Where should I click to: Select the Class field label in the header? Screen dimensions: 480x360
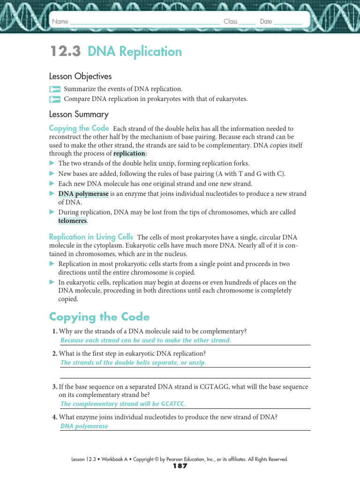click(x=230, y=22)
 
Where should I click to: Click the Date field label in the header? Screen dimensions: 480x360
click(x=266, y=22)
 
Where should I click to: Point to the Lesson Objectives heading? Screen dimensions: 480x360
click(x=80, y=76)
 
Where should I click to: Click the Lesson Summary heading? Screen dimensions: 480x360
click(x=79, y=114)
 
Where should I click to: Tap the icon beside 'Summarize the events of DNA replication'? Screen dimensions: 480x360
click(x=55, y=89)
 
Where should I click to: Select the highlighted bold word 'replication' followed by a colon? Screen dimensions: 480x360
click(x=129, y=154)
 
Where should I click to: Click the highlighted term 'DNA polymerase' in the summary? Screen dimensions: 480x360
click(x=83, y=194)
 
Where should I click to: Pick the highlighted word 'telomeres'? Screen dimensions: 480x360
click(x=72, y=221)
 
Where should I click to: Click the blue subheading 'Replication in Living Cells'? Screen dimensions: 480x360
click(x=91, y=237)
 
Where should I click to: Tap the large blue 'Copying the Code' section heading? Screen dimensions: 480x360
click(x=99, y=317)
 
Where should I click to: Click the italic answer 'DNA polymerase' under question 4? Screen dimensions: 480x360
click(x=84, y=427)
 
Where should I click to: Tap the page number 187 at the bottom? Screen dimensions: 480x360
click(x=180, y=466)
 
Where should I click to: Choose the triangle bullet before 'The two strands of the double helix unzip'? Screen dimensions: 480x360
click(x=52, y=164)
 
